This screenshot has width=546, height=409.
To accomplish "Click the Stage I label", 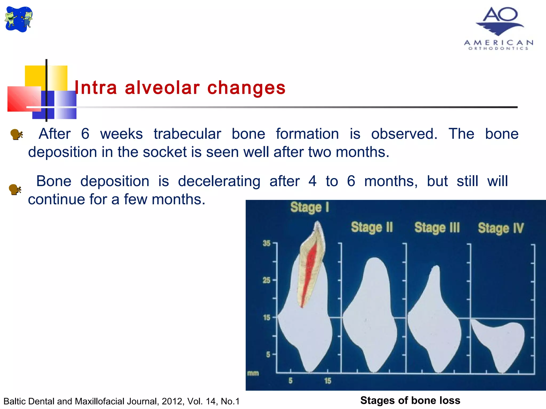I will point(310,207).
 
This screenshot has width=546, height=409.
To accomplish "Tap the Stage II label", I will point(372,227).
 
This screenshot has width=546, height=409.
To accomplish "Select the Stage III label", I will point(437,228).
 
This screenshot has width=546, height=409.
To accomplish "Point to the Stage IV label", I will point(501,228).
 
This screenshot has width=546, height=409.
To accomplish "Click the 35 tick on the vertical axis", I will point(267,243).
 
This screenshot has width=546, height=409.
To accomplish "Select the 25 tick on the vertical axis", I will point(267,280).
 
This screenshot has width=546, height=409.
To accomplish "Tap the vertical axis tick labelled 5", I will point(268,354).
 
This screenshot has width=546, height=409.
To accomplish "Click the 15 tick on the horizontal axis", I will point(328,381).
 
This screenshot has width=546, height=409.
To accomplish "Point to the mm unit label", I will point(253,373).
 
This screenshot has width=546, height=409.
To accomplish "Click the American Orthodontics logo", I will point(499,28).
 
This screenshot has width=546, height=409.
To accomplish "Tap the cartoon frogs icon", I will point(19,19).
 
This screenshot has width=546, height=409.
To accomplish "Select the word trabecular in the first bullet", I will point(187,134).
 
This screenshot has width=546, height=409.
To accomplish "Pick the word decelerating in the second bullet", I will point(219,181).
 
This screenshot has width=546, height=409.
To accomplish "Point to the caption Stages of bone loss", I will point(410,400).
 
